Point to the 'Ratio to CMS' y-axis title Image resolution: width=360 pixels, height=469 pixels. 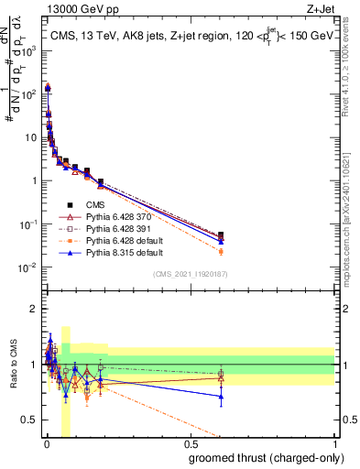pyautogui.click(x=13, y=365)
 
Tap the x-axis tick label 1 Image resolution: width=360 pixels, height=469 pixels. pyautogui.click(x=334, y=447)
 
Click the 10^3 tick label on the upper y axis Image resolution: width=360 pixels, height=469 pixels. pyautogui.click(x=28, y=51)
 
